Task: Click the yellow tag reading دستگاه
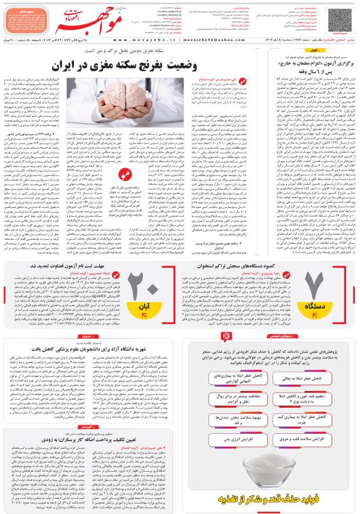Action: coord(322,305)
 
